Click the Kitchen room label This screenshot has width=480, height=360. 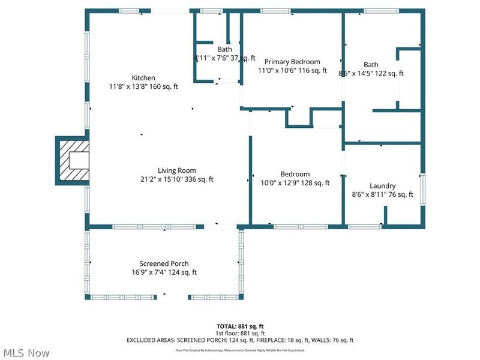pos(143,78)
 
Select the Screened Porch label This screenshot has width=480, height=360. pos(164,263)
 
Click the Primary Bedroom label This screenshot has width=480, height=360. pos(292,62)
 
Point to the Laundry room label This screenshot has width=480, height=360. pos(382,186)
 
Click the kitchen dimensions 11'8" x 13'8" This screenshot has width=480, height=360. pos(143,86)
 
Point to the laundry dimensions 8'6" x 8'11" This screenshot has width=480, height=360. pos(382,194)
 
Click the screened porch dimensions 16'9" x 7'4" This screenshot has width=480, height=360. pos(164,272)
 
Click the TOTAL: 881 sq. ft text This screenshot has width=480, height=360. pos(240,326)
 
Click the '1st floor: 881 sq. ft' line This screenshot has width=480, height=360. pos(240,333)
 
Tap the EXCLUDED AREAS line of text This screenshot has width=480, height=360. pos(240,340)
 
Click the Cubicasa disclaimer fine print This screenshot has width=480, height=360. pos(240,350)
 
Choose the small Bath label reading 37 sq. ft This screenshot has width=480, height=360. pos(225,54)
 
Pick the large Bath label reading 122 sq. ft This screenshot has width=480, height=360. pos(371,69)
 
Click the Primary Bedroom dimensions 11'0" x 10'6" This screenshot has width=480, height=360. pos(292,70)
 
